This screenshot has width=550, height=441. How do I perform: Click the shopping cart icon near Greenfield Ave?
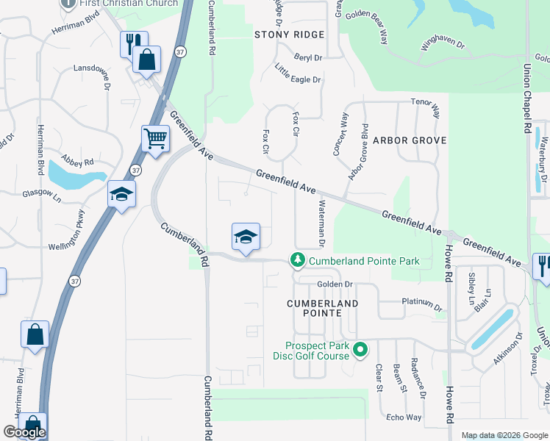(155, 138)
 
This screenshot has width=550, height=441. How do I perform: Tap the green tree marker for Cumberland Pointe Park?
(298, 260)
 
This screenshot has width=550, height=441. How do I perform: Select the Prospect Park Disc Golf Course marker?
(360, 349)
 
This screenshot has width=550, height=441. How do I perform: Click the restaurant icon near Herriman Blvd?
(134, 43)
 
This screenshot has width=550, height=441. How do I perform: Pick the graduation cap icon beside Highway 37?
(121, 195)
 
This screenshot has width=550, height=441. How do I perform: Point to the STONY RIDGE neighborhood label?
(289, 35)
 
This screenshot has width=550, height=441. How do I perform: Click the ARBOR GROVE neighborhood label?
(410, 140)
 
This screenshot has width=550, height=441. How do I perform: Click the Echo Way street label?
(404, 417)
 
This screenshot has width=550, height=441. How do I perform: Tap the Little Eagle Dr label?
(298, 74)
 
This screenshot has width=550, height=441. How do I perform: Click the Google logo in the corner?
(24, 432)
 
